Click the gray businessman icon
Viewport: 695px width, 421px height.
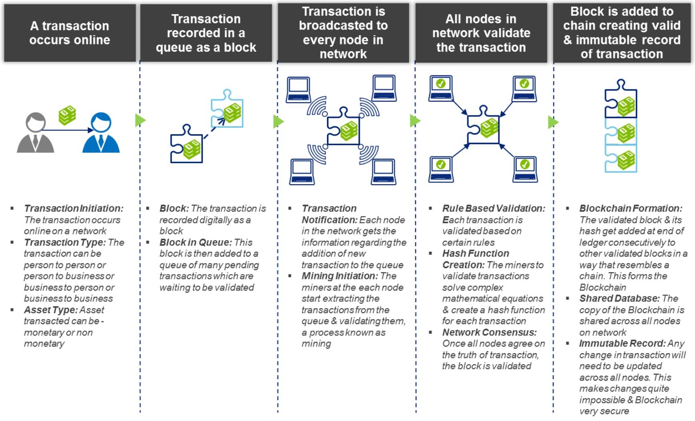point(35,132)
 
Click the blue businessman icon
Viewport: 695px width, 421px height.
point(101,132)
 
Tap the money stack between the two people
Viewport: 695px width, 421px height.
point(67,115)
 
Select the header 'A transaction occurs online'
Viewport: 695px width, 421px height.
point(70,33)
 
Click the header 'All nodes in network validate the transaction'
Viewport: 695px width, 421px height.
point(481,33)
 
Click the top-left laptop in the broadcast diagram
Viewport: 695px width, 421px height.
point(298,89)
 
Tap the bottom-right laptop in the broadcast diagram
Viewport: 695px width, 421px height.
point(384,172)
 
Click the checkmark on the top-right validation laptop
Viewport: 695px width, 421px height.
point(524,83)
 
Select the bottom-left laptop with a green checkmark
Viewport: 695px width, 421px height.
point(441,169)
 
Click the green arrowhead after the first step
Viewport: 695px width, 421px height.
point(140,120)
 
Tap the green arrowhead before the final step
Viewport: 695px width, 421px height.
point(553,122)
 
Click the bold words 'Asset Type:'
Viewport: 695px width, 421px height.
point(51,310)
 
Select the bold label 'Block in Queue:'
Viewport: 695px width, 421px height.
point(196,242)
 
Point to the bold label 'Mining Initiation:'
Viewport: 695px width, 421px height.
point(340,276)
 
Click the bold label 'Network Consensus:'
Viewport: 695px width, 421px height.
point(489,332)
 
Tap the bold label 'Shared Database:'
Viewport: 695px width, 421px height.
point(619,298)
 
